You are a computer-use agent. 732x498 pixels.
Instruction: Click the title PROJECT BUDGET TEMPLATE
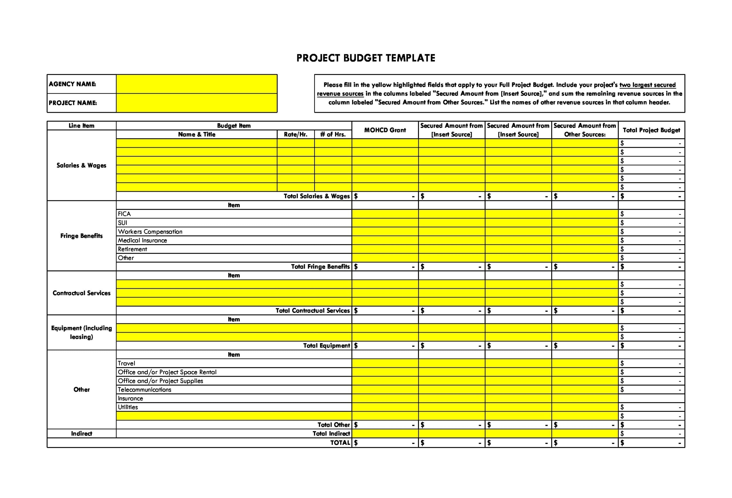tap(366, 58)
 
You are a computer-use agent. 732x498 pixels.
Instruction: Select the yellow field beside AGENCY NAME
tap(196, 84)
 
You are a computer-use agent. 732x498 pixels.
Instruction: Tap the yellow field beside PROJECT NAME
tap(196, 103)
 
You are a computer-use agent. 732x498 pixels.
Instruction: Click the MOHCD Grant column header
tap(385, 130)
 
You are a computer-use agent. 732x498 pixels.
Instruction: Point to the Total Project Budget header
tap(651, 130)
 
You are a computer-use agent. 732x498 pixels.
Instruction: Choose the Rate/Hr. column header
tap(295, 134)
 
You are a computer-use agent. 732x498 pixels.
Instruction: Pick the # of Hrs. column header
tap(333, 134)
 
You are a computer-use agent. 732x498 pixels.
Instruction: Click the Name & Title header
tap(196, 134)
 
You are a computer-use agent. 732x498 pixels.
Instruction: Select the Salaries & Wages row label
tap(81, 165)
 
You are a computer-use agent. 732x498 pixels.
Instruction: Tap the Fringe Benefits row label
tap(81, 236)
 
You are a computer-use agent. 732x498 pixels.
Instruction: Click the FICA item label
tap(124, 214)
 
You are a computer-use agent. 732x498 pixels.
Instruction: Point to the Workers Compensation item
tap(150, 231)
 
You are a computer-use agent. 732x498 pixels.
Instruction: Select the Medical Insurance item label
tap(142, 240)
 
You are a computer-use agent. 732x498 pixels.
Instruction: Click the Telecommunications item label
tap(144, 390)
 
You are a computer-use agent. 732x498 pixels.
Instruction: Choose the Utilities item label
tap(128, 407)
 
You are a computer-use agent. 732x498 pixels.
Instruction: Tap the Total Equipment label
tap(326, 345)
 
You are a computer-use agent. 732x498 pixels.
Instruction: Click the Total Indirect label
tap(331, 433)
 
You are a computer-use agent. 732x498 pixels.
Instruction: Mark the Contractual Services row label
tap(81, 293)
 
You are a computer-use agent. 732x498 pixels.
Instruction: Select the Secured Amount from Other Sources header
tap(584, 130)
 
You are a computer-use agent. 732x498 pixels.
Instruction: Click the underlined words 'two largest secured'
tap(647, 85)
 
